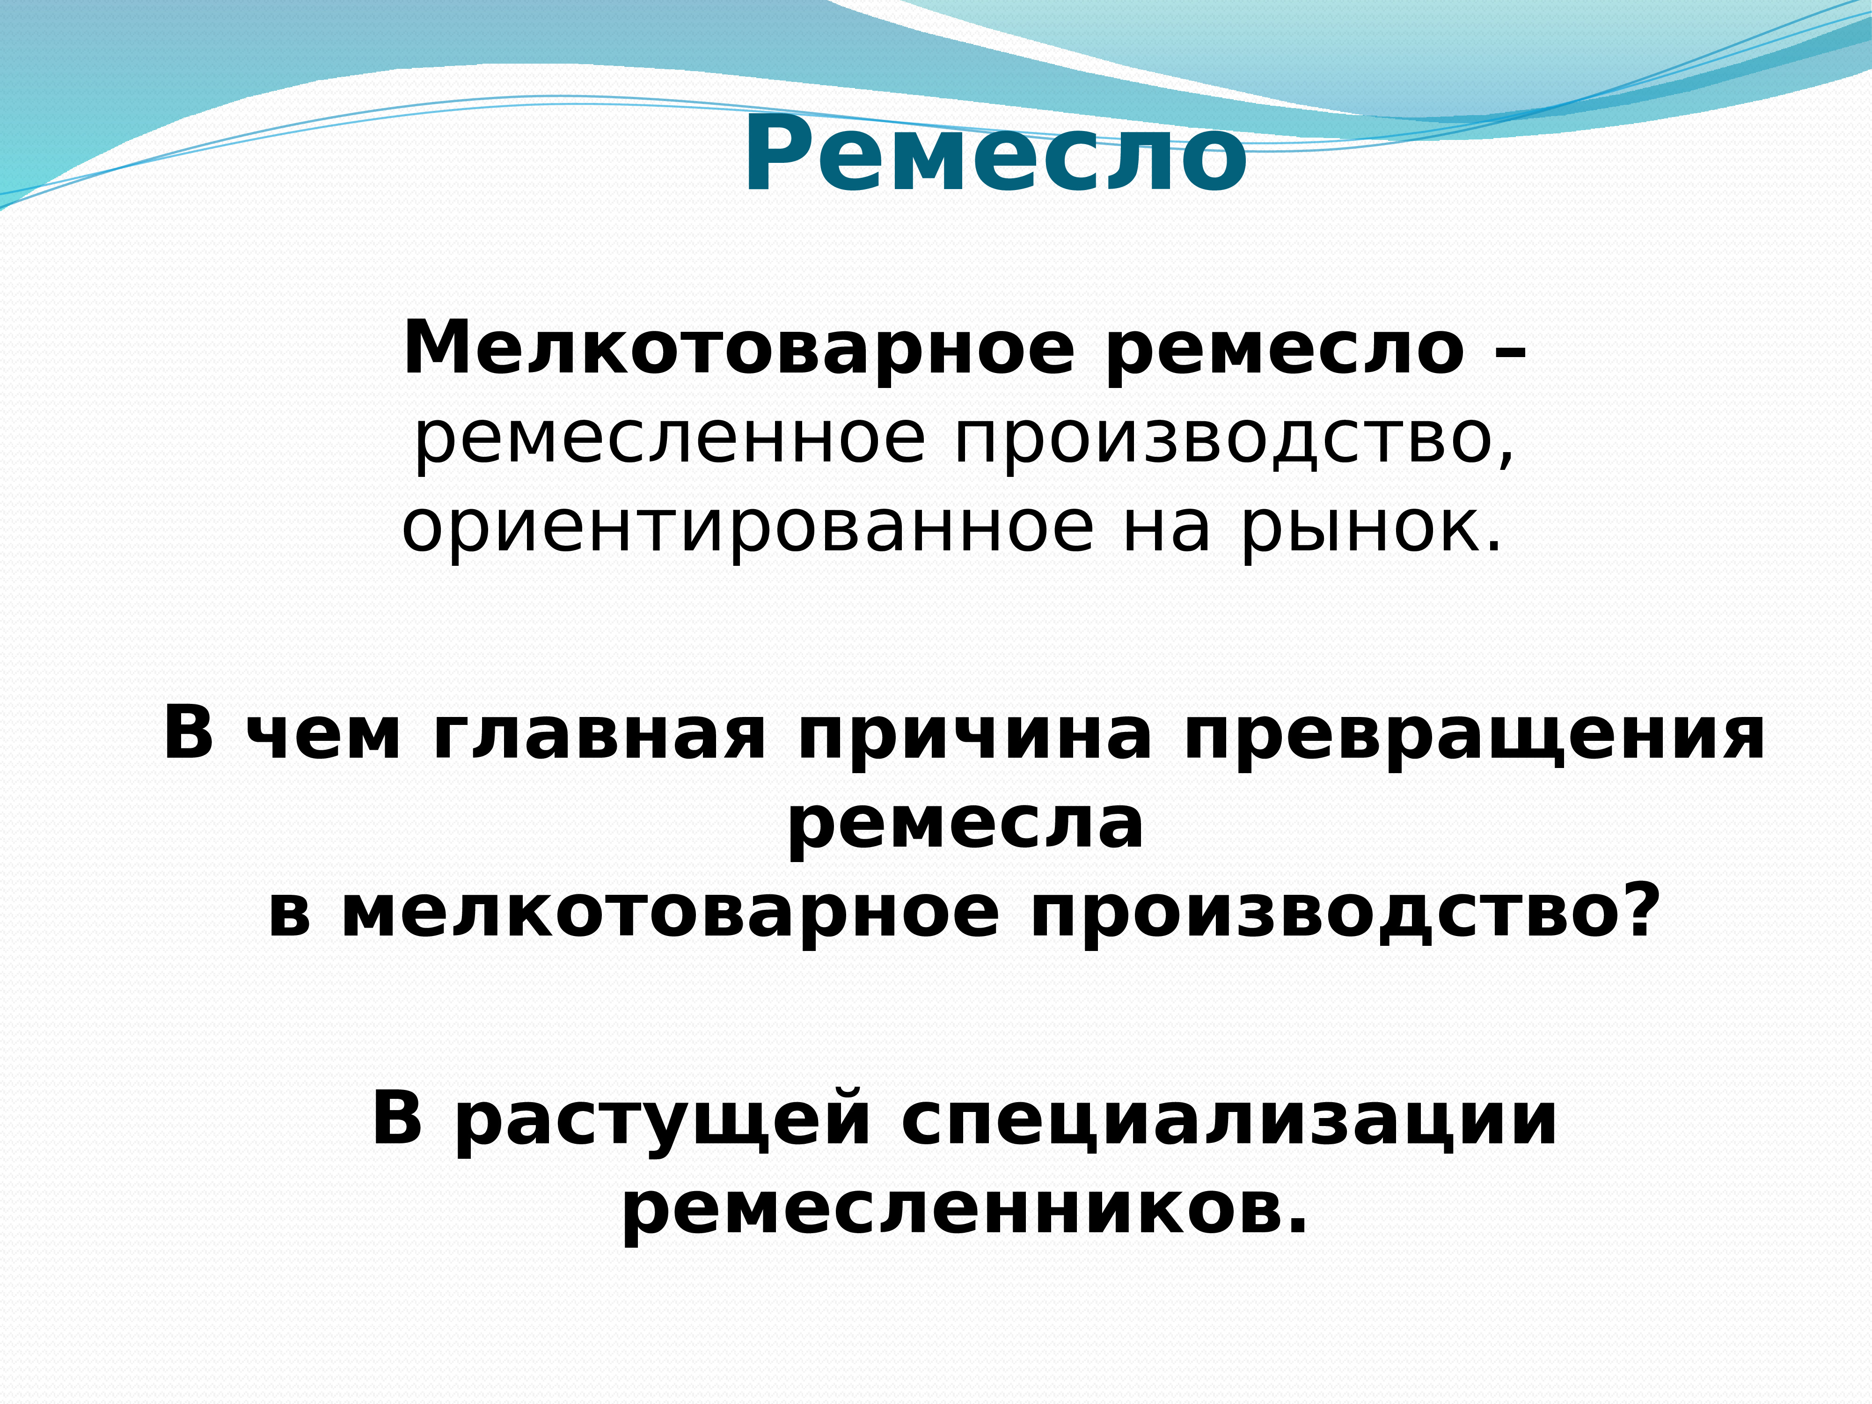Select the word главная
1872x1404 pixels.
coord(599,735)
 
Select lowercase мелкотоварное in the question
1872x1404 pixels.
coord(669,914)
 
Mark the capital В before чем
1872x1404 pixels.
coord(188,733)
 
